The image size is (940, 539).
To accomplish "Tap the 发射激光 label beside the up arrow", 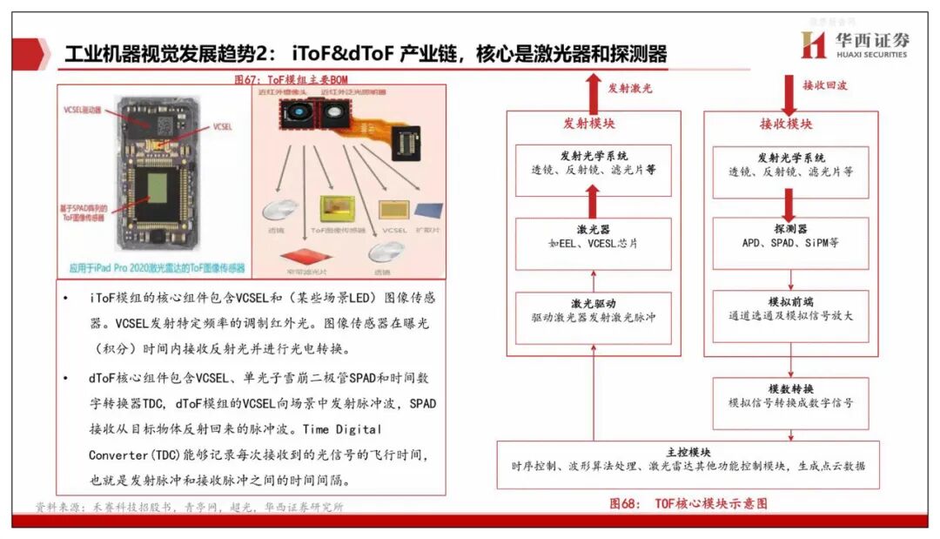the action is [628, 88].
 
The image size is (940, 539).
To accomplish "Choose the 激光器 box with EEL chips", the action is [593, 236].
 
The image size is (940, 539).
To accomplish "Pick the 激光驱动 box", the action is [593, 310].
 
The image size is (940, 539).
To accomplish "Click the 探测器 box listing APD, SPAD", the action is [790, 236].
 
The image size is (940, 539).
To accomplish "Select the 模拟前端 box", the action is [790, 309].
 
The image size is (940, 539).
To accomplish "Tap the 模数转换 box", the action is [790, 396].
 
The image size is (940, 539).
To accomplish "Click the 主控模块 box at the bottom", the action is [688, 459].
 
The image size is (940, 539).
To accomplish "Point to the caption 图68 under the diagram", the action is [688, 503].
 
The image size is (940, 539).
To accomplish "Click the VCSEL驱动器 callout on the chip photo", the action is [83, 111].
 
